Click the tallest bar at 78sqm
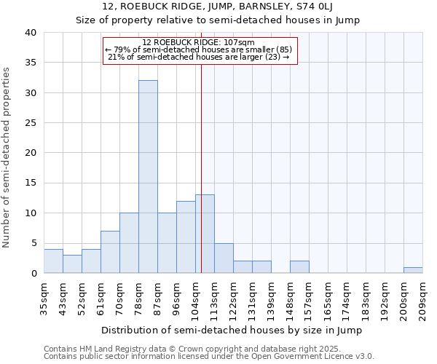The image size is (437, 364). pyautogui.click(x=148, y=177)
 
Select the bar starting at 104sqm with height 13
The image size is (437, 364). pyautogui.click(x=205, y=234)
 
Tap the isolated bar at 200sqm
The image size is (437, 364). pyautogui.click(x=413, y=270)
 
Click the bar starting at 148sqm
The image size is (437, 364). pyautogui.click(x=299, y=267)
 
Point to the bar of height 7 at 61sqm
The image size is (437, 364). pyautogui.click(x=110, y=252)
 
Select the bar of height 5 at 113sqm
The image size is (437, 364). pyautogui.click(x=224, y=258)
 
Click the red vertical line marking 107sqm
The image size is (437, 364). pyautogui.click(x=201, y=182)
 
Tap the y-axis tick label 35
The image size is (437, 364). pyautogui.click(x=30, y=63)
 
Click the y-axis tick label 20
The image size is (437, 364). pyautogui.click(x=30, y=153)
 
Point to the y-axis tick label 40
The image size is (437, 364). pyautogui.click(x=30, y=33)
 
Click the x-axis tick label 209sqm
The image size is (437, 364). pyautogui.click(x=422, y=298)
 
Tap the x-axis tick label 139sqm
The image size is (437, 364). pyautogui.click(x=271, y=298)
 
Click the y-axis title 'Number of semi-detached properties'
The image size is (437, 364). pyautogui.click(x=7, y=157)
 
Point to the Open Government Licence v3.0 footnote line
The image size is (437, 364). pyautogui.click(x=209, y=356)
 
